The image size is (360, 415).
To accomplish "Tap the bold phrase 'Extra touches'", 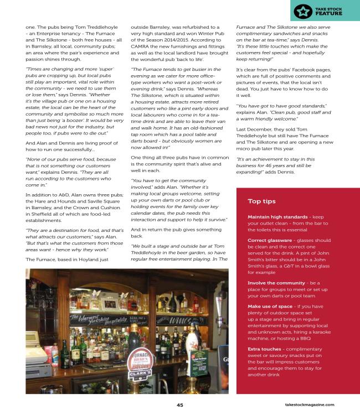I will (x=261, y=349).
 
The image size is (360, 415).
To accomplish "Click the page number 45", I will (x=180, y=404).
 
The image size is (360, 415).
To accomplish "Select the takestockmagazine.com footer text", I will (x=316, y=405).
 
